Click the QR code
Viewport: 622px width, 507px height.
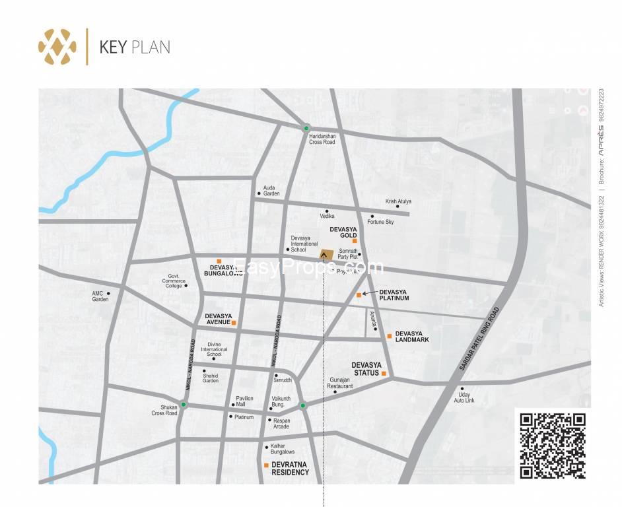pos(552,445)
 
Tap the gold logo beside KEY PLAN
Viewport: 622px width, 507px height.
pos(57,46)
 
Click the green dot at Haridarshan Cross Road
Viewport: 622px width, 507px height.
pos(306,127)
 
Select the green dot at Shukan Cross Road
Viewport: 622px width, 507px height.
pos(184,405)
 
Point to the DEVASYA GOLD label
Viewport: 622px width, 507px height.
pos(343,232)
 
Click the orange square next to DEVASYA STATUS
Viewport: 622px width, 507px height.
pos(384,374)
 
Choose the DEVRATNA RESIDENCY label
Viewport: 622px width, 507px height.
pos(290,469)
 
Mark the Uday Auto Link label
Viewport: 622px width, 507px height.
pos(464,397)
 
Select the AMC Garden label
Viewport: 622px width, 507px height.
pos(100,296)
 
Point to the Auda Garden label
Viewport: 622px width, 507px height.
pos(271,191)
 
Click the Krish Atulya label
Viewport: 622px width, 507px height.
pos(399,201)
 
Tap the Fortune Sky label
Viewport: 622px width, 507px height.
pos(380,222)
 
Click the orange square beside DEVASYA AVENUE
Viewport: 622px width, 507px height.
pos(234,323)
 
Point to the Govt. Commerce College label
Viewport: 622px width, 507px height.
pos(174,282)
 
